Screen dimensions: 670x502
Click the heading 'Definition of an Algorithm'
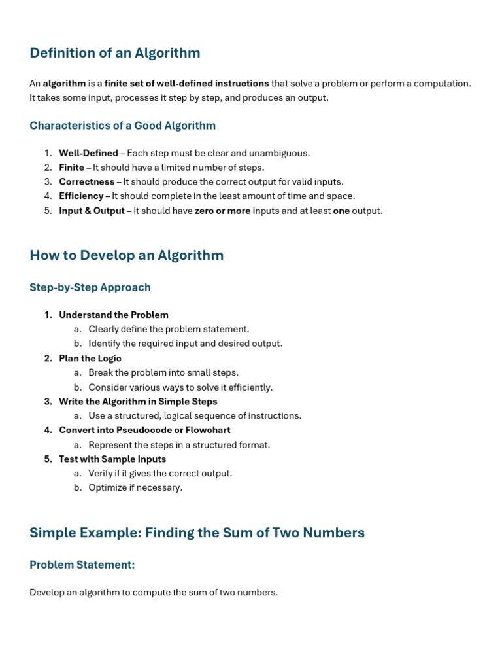tap(115, 53)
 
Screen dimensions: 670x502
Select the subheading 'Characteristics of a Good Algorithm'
tap(122, 125)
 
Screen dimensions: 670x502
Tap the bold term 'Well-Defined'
tap(88, 153)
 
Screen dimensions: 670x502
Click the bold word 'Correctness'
tap(86, 181)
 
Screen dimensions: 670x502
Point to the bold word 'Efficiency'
tap(81, 196)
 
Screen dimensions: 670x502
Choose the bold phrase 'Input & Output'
tap(92, 211)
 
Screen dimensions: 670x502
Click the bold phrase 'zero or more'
tap(222, 211)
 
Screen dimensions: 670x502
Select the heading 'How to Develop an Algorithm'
tap(126, 255)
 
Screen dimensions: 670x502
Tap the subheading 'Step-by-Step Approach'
tap(90, 287)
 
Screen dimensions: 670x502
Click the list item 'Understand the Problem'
tap(114, 315)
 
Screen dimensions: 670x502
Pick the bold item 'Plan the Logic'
tap(90, 358)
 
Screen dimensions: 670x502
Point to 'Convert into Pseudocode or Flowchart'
tap(144, 430)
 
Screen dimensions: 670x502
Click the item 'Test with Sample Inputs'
tap(112, 459)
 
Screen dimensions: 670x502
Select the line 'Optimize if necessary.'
tap(135, 487)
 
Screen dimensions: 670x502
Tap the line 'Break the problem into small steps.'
tap(163, 372)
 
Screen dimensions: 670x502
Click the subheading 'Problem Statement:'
tap(82, 564)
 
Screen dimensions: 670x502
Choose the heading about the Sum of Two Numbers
tap(197, 533)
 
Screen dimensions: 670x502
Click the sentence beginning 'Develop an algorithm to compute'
tap(154, 592)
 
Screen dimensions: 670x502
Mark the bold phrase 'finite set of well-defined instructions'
tap(186, 84)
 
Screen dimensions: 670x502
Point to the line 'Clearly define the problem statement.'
tap(169, 329)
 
